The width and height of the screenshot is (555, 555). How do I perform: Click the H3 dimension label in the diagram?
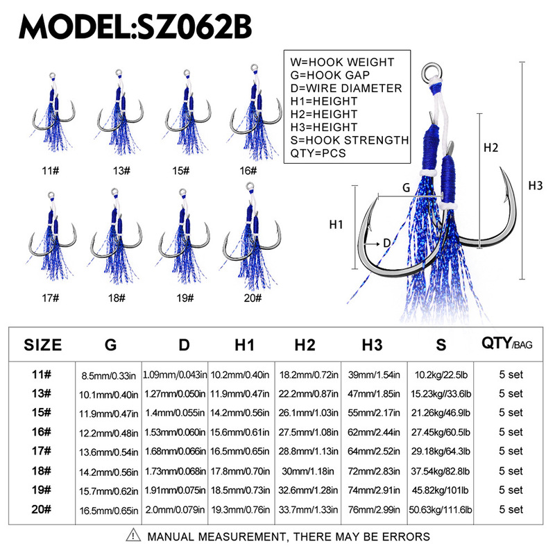(x=536, y=185)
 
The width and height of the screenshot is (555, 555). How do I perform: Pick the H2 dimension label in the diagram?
(x=491, y=147)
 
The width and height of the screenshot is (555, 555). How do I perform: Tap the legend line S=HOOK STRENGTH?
(x=351, y=140)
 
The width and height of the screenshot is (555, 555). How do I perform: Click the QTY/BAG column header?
(x=506, y=343)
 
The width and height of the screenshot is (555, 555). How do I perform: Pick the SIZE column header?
(x=43, y=345)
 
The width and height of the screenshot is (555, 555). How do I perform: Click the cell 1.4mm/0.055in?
(x=175, y=412)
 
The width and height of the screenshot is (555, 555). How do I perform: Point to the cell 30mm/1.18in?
(x=307, y=470)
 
